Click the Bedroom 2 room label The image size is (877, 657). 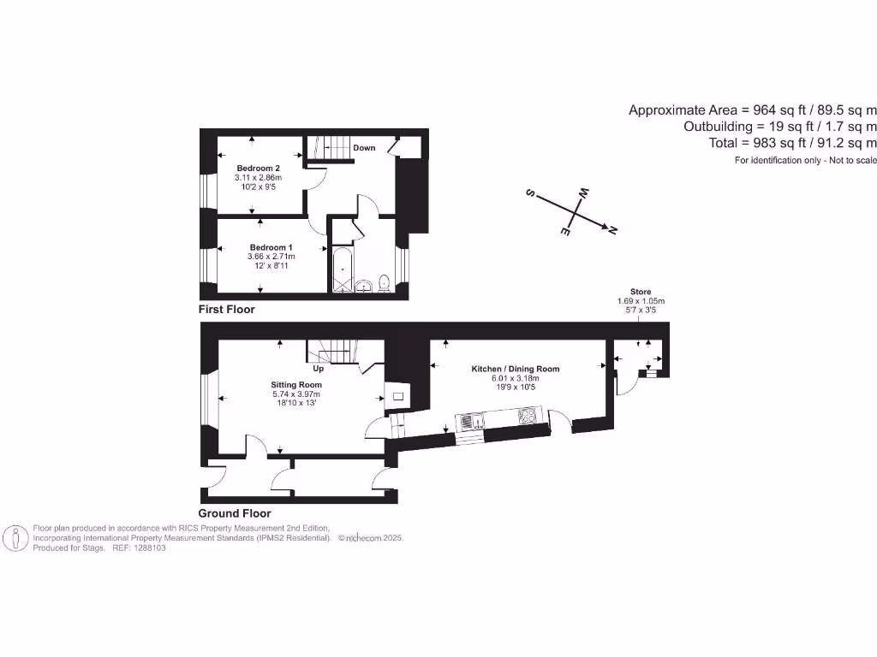point(258,168)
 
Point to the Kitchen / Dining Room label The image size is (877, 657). point(515,369)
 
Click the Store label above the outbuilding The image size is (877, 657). point(641,292)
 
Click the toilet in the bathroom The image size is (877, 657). point(385,283)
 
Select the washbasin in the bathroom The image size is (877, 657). point(363,285)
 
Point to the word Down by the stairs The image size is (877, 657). point(364,148)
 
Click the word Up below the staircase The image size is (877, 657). point(318,370)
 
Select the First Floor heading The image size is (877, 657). point(226,309)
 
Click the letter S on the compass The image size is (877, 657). point(530,194)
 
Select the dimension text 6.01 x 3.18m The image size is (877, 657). point(515,379)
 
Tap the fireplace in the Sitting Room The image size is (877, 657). point(399,395)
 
